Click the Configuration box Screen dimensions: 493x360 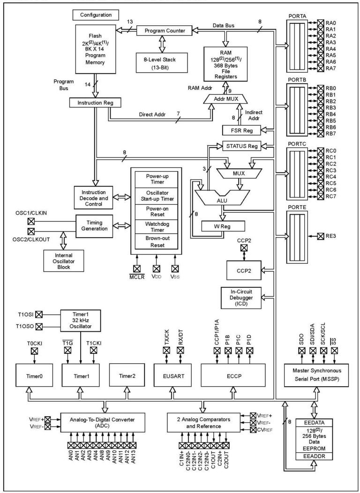tap(95, 15)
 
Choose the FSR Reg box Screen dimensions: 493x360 tap(241, 130)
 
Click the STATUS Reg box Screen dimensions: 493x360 tap(240, 146)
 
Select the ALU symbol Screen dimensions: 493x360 tap(222, 199)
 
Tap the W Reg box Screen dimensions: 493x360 tap(223, 226)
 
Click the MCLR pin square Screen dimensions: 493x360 tap(137, 269)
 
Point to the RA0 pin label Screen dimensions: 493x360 tap(331, 22)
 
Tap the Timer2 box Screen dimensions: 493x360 tap(127, 375)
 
